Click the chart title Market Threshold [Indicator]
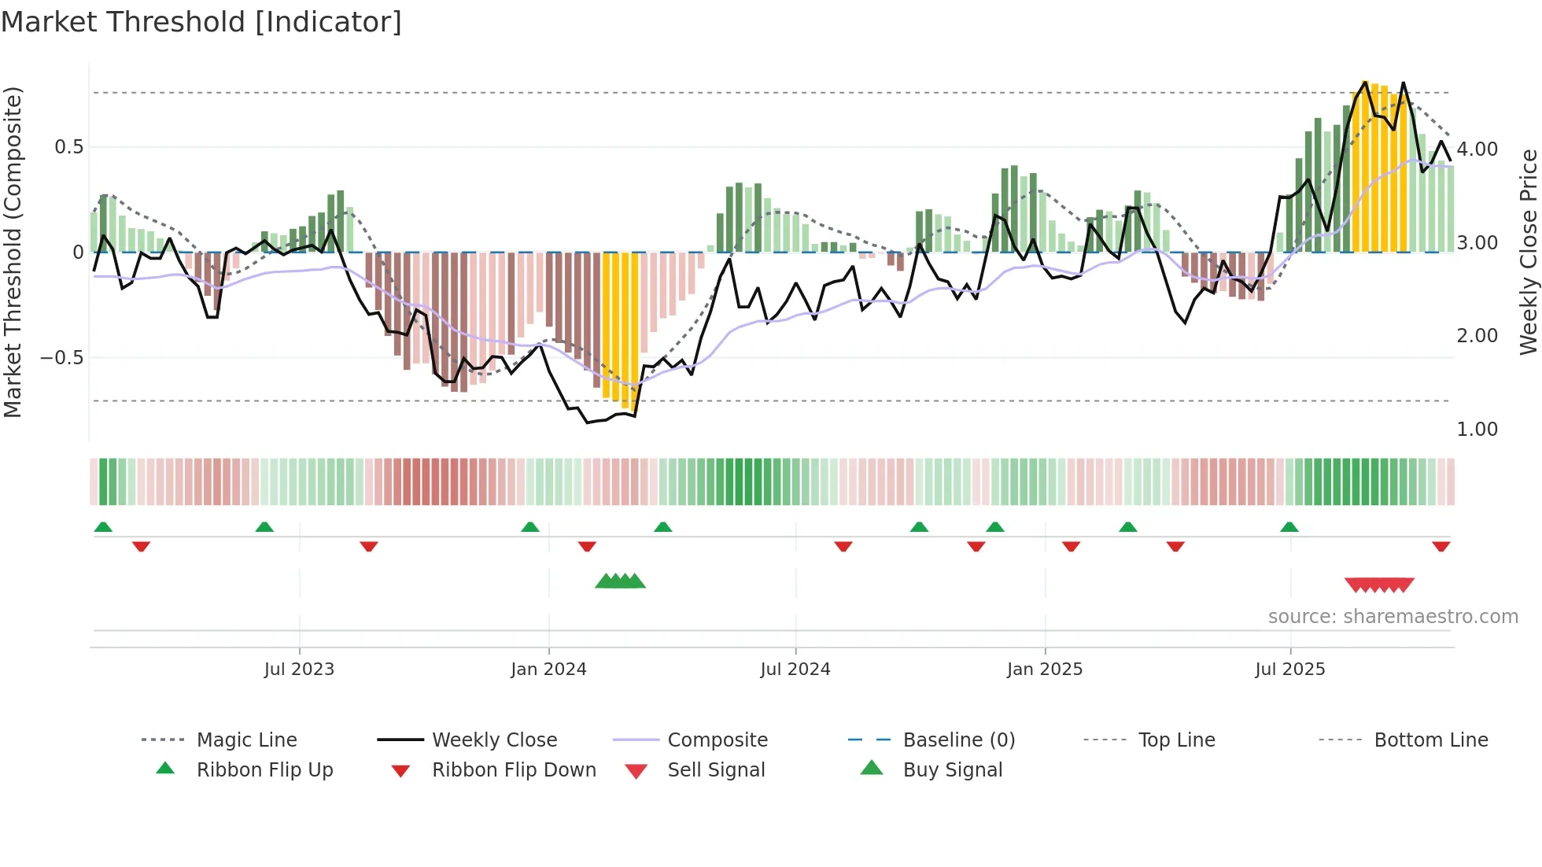201,22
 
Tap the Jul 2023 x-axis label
299,670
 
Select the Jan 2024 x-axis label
548,670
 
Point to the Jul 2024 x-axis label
795,670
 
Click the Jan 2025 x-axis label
1044,670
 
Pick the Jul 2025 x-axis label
1289,670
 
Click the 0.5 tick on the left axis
68,147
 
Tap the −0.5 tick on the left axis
62,358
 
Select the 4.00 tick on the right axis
1477,149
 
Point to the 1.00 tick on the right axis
1477,430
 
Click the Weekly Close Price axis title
1528,252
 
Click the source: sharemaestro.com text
1393,617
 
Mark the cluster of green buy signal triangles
620,581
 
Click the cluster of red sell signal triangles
1379,585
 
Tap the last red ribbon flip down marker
1441,547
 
